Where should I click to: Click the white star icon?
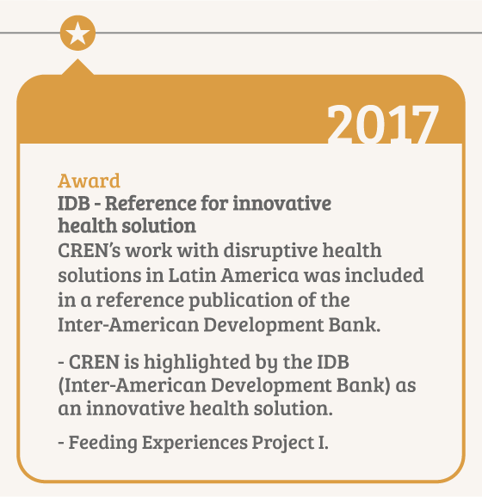(77, 34)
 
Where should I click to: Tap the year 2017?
(383, 124)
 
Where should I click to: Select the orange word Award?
(90, 181)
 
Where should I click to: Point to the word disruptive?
(270, 251)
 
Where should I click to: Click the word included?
(384, 275)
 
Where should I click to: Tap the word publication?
(241, 300)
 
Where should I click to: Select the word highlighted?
(197, 363)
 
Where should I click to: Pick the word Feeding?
(102, 443)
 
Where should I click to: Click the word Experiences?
(195, 443)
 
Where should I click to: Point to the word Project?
(282, 443)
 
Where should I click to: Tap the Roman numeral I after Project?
(322, 442)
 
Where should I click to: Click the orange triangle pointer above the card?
(77, 67)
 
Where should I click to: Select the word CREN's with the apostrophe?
(90, 251)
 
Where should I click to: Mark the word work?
(148, 251)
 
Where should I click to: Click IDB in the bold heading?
(74, 203)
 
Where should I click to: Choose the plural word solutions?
(100, 275)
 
